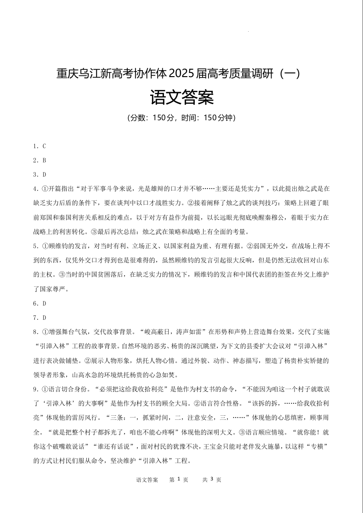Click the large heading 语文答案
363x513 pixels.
point(182,97)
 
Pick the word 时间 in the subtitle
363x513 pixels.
point(189,118)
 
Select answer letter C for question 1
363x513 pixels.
point(44,146)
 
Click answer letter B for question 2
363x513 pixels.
point(44,161)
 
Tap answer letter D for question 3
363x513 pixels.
point(44,175)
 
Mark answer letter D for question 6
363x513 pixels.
point(44,303)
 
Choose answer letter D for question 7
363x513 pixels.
point(44,318)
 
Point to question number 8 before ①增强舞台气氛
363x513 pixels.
point(35,332)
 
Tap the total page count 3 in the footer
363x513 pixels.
point(211,480)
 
